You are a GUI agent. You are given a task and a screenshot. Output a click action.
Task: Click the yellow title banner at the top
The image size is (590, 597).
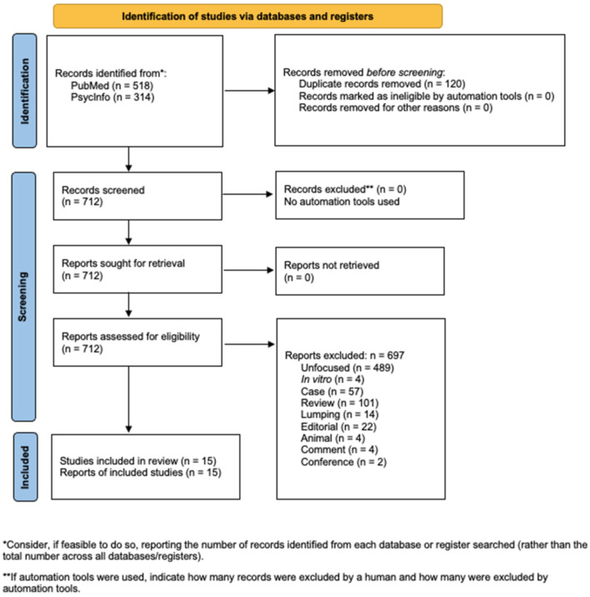point(247,16)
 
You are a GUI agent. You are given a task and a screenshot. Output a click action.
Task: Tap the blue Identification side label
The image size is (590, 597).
point(25,91)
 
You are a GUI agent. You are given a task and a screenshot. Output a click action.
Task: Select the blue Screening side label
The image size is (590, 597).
point(23,297)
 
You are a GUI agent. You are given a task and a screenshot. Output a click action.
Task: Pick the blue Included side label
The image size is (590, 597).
point(26,467)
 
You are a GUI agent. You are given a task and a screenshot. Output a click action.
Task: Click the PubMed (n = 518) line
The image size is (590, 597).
point(112,85)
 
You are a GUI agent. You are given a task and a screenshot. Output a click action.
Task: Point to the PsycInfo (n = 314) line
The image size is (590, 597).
point(112,97)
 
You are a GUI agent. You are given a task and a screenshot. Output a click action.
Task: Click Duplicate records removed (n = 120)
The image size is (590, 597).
point(382,83)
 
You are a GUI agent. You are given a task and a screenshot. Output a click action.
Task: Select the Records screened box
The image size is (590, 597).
point(137,196)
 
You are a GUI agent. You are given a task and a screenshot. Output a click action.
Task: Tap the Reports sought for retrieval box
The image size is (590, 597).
point(137,269)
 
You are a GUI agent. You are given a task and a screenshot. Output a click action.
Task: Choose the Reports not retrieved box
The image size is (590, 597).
point(360,271)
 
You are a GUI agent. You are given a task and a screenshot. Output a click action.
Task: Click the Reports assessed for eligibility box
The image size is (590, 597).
point(137,343)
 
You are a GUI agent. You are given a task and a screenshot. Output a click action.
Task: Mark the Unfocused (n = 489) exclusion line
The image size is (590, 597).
point(347,368)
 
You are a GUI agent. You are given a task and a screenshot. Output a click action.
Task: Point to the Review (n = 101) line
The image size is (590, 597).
point(339,403)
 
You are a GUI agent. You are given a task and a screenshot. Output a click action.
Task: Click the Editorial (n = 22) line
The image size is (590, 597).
point(338,426)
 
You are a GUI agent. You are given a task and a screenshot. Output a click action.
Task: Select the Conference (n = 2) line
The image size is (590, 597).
point(343,462)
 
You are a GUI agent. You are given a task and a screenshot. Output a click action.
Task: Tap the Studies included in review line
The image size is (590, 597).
point(138,461)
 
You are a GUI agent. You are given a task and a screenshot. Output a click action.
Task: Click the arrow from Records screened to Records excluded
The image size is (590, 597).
point(247,194)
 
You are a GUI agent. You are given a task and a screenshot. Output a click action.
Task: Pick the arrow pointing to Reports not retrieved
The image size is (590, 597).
point(248,270)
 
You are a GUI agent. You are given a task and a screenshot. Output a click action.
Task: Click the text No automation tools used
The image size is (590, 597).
point(342,202)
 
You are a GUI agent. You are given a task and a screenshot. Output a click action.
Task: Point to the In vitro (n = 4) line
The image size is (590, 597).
point(332,379)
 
